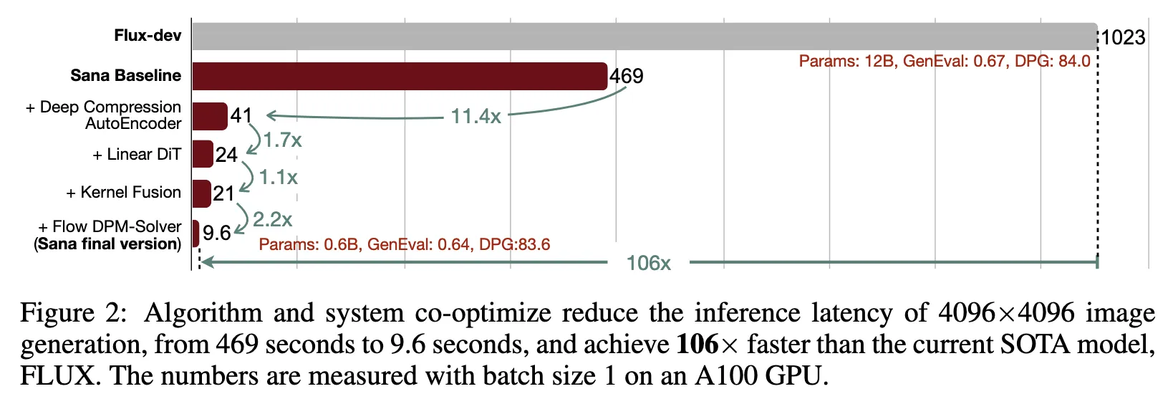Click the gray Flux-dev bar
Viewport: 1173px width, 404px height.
point(645,37)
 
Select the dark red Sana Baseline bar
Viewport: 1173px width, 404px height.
point(400,76)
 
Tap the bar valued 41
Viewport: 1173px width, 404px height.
point(209,116)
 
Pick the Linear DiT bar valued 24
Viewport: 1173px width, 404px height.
point(202,154)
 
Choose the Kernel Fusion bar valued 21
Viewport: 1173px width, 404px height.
point(201,193)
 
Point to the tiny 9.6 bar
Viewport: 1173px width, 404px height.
point(195,234)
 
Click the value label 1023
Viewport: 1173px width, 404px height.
point(1123,37)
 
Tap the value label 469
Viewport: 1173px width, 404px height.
point(626,76)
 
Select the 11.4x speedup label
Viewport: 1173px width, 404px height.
point(476,116)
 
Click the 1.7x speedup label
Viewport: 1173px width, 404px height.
point(282,140)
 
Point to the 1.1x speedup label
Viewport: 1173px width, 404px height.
point(278,177)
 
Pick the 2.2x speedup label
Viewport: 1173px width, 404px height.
point(272,219)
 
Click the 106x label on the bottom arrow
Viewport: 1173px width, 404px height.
point(648,263)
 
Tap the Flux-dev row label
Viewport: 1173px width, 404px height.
point(148,36)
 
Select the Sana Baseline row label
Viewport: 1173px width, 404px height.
point(125,76)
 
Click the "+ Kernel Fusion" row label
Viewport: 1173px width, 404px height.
point(123,193)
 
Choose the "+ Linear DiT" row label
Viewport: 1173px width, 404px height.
point(137,155)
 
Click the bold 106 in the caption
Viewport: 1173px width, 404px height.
point(697,345)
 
